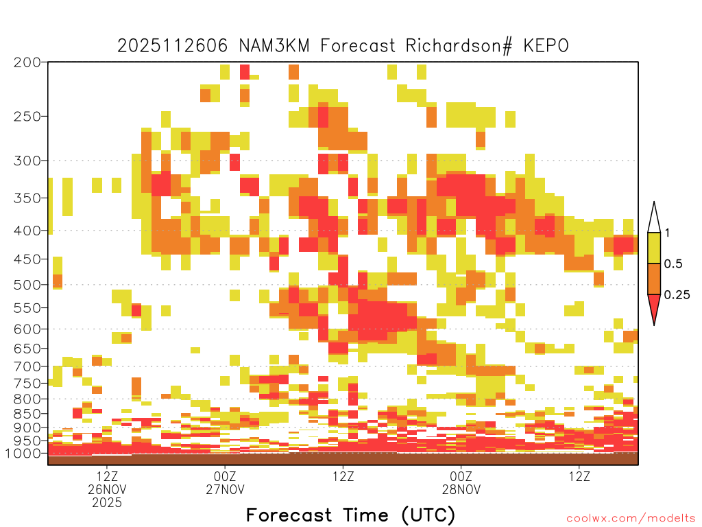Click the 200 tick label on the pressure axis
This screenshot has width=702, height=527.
pos(27,62)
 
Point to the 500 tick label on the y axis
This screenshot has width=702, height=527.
pos(27,285)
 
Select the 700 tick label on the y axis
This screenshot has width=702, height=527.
pos(27,366)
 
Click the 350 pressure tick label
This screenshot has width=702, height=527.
pos(27,198)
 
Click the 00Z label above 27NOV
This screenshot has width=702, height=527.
pos(225,476)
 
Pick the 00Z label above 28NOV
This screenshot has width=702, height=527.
pos(461,476)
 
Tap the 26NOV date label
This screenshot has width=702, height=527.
pos(107,489)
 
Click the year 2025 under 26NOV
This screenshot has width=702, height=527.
pos(107,503)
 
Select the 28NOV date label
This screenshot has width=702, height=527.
pos(461,489)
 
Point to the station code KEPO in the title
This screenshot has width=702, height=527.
pos(546,46)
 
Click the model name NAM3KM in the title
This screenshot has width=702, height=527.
pos(274,46)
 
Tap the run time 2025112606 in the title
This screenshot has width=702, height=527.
pos(173,46)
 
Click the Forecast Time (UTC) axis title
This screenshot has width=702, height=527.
pos(350,515)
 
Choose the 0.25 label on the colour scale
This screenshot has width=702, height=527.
pos(677,294)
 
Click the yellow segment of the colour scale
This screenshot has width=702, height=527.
pos(654,248)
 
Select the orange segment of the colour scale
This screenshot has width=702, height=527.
pos(654,279)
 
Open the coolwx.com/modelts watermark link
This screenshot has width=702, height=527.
pos(631,519)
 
